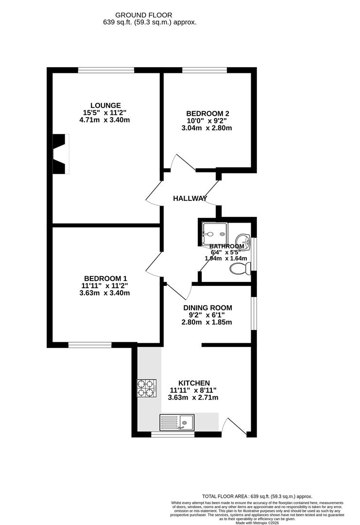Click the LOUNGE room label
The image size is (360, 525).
coord(105,105)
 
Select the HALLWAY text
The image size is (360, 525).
coord(190,198)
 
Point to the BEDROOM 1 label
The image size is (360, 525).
coord(105,278)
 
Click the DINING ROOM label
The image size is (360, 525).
coord(207,308)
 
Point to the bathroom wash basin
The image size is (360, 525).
coord(242,240)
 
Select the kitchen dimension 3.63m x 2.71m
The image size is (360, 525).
coord(193,398)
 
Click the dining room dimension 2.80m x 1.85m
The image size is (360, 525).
coord(207,322)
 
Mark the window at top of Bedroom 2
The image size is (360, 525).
coord(204,71)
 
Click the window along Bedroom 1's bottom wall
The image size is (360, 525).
coord(90,346)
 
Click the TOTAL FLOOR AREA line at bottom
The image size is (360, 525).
coord(257,496)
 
